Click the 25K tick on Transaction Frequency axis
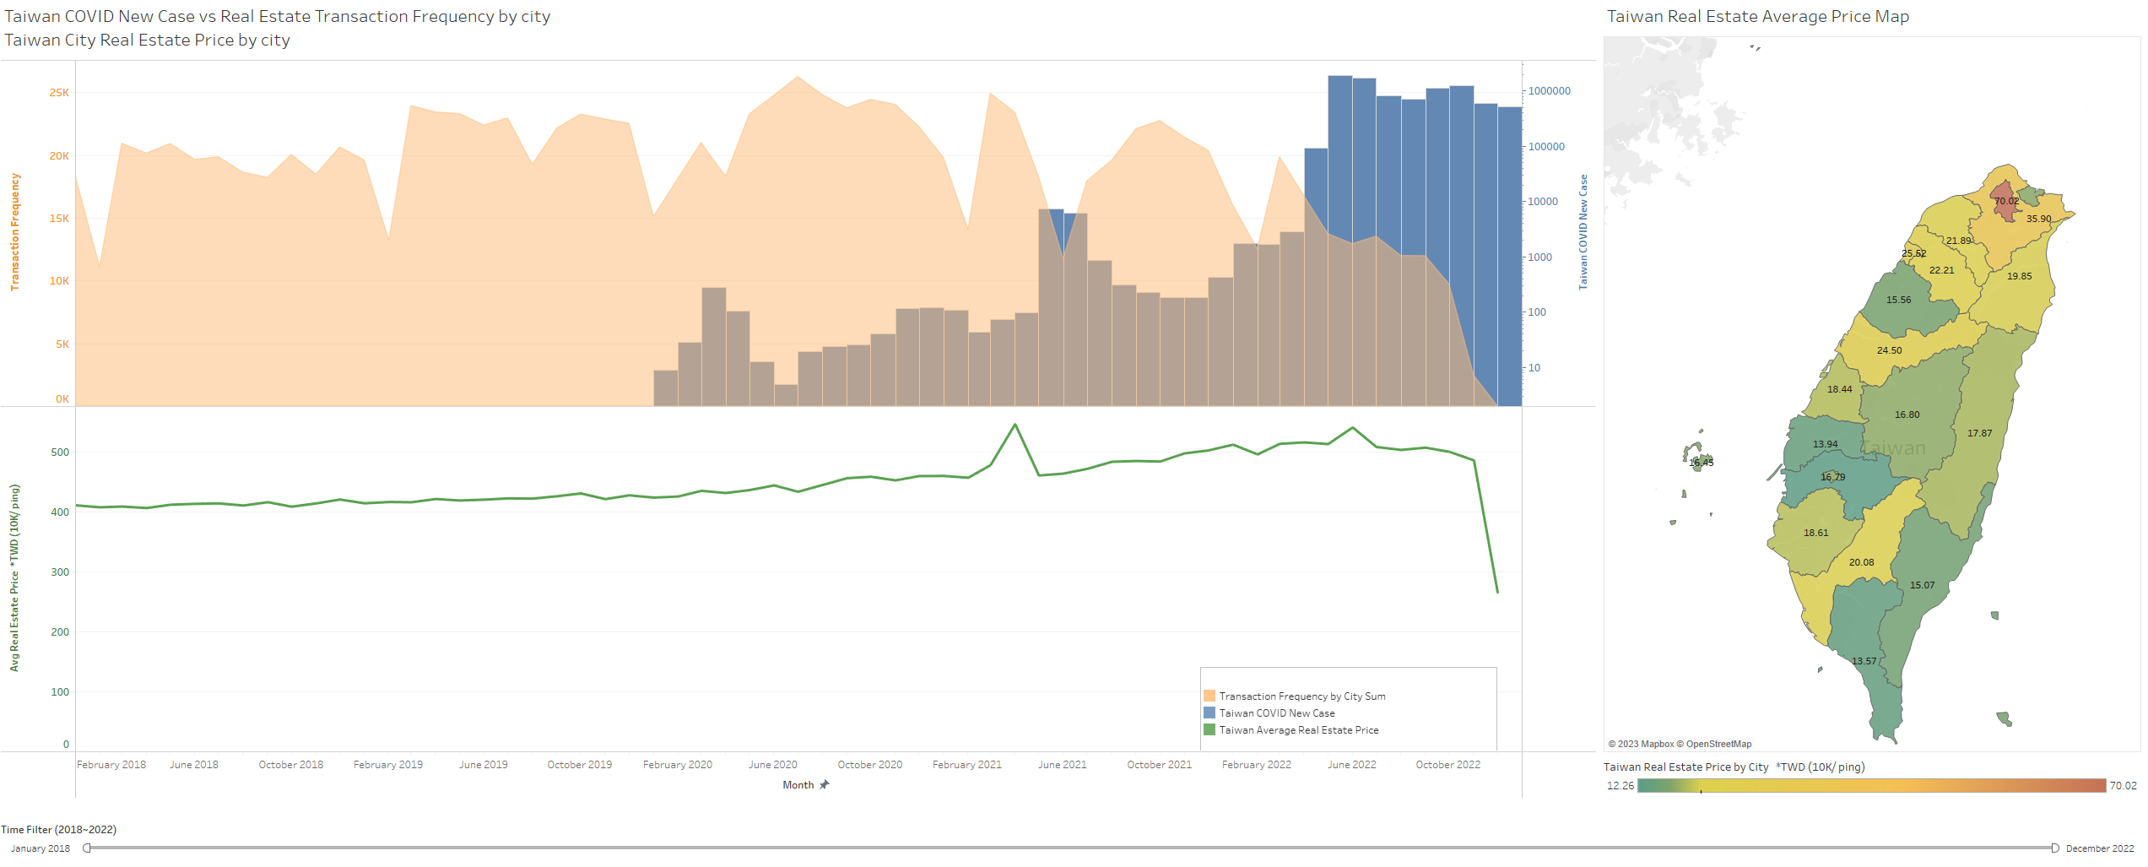click(x=59, y=93)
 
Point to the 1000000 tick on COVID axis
click(x=1549, y=91)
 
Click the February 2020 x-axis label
click(x=677, y=765)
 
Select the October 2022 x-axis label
click(x=1447, y=765)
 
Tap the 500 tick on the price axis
click(x=60, y=452)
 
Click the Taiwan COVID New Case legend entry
click(x=1276, y=713)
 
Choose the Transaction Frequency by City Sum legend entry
click(x=1301, y=696)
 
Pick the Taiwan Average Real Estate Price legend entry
click(x=1298, y=730)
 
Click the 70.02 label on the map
click(x=2006, y=201)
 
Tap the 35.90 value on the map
click(x=2038, y=219)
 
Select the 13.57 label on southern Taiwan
click(x=1864, y=661)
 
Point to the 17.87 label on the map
click(x=1979, y=433)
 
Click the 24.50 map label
click(x=1889, y=350)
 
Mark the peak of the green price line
click(x=1014, y=425)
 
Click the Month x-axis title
click(x=798, y=785)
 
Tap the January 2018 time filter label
click(x=41, y=848)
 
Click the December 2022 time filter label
click(x=2099, y=848)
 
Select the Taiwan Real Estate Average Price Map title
click(x=1757, y=17)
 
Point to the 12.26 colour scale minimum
click(x=1620, y=786)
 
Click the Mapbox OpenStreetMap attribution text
click(x=1679, y=744)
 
